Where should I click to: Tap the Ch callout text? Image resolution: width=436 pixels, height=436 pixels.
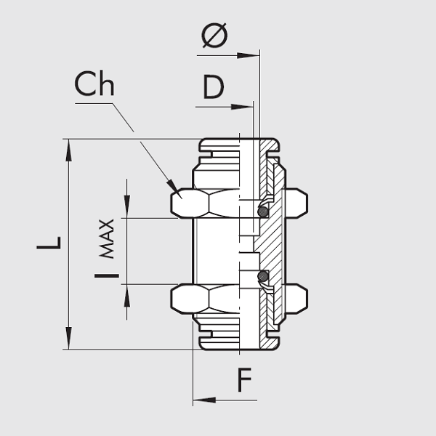(94, 85)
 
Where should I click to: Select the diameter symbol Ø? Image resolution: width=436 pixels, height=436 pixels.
(214, 36)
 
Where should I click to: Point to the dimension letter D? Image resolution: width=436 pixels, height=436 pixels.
(213, 88)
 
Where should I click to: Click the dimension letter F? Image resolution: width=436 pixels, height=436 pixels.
(245, 380)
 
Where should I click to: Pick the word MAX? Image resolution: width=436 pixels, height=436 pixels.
(107, 238)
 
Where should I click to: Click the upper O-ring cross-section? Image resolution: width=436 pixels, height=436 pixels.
(263, 211)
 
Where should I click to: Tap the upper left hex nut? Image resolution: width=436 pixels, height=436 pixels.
(190, 203)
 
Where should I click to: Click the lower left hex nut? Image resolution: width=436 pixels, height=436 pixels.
(190, 299)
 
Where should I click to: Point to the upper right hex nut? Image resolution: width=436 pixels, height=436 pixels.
(296, 203)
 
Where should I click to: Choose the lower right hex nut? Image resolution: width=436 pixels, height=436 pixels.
(296, 299)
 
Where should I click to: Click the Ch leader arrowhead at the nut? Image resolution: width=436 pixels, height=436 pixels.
(173, 186)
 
